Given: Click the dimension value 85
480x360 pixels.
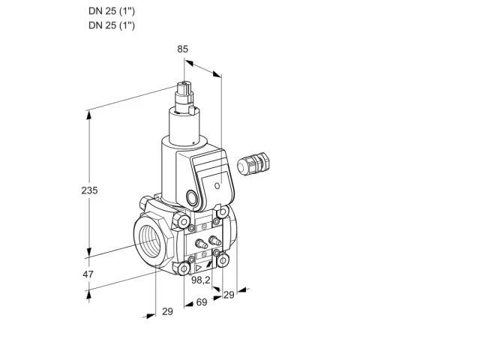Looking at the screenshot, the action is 182,49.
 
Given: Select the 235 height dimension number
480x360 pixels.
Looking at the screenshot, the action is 89,190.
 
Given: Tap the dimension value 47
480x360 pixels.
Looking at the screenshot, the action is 88,274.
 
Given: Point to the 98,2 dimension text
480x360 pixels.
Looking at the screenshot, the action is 201,280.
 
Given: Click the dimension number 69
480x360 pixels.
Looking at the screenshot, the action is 202,302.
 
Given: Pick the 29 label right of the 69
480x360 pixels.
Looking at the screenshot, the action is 229,295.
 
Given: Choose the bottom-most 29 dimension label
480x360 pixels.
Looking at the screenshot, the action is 167,312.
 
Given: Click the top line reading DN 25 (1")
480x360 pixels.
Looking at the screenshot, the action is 112,11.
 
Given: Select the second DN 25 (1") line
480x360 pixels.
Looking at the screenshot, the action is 112,25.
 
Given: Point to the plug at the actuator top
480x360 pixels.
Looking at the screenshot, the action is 184,89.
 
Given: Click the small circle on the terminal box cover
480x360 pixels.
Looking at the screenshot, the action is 217,185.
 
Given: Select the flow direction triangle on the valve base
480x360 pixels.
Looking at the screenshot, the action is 199,268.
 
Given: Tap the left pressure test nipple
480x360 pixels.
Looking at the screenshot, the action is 201,244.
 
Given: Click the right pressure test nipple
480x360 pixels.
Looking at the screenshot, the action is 214,240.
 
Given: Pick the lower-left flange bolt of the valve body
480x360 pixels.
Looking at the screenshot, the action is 184,268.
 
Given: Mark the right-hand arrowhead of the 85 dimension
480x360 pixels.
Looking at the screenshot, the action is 217,74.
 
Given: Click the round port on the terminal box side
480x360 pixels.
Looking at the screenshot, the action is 192,197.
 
